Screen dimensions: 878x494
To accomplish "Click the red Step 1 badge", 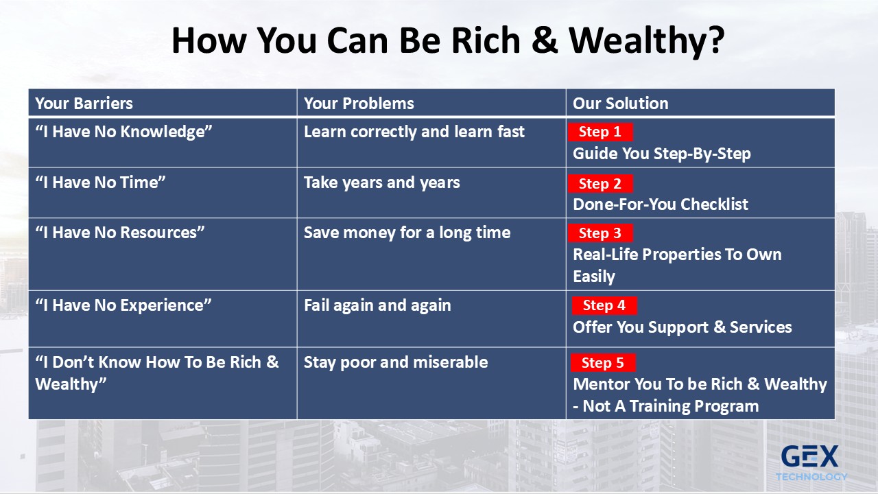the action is point(600,132).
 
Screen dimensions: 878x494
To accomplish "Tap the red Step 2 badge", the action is point(600,183).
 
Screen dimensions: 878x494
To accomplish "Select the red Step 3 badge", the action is point(600,233).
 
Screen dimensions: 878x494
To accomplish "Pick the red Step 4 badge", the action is point(604,305).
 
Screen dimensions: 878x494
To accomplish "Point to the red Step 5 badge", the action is point(603,363).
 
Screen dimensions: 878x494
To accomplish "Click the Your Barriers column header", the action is point(163,103).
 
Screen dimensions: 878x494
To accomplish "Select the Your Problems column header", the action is point(431,103).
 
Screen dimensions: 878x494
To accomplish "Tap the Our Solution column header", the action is point(700,103).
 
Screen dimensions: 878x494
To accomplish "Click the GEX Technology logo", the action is point(811,462).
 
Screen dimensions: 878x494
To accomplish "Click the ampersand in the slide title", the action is point(545,40).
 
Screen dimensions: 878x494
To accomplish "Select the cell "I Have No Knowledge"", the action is point(163,143).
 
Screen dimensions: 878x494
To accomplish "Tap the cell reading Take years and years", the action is point(431,193).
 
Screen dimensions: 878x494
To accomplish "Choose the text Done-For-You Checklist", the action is point(661,204).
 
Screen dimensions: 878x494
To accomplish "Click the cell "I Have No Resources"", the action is point(163,254).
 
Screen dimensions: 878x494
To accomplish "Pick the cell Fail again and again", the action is point(431,319).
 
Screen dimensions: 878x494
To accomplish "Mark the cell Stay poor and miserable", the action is point(431,383).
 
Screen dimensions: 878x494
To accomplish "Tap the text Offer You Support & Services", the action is point(683,327).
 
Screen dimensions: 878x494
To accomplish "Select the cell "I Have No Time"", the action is point(163,193).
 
